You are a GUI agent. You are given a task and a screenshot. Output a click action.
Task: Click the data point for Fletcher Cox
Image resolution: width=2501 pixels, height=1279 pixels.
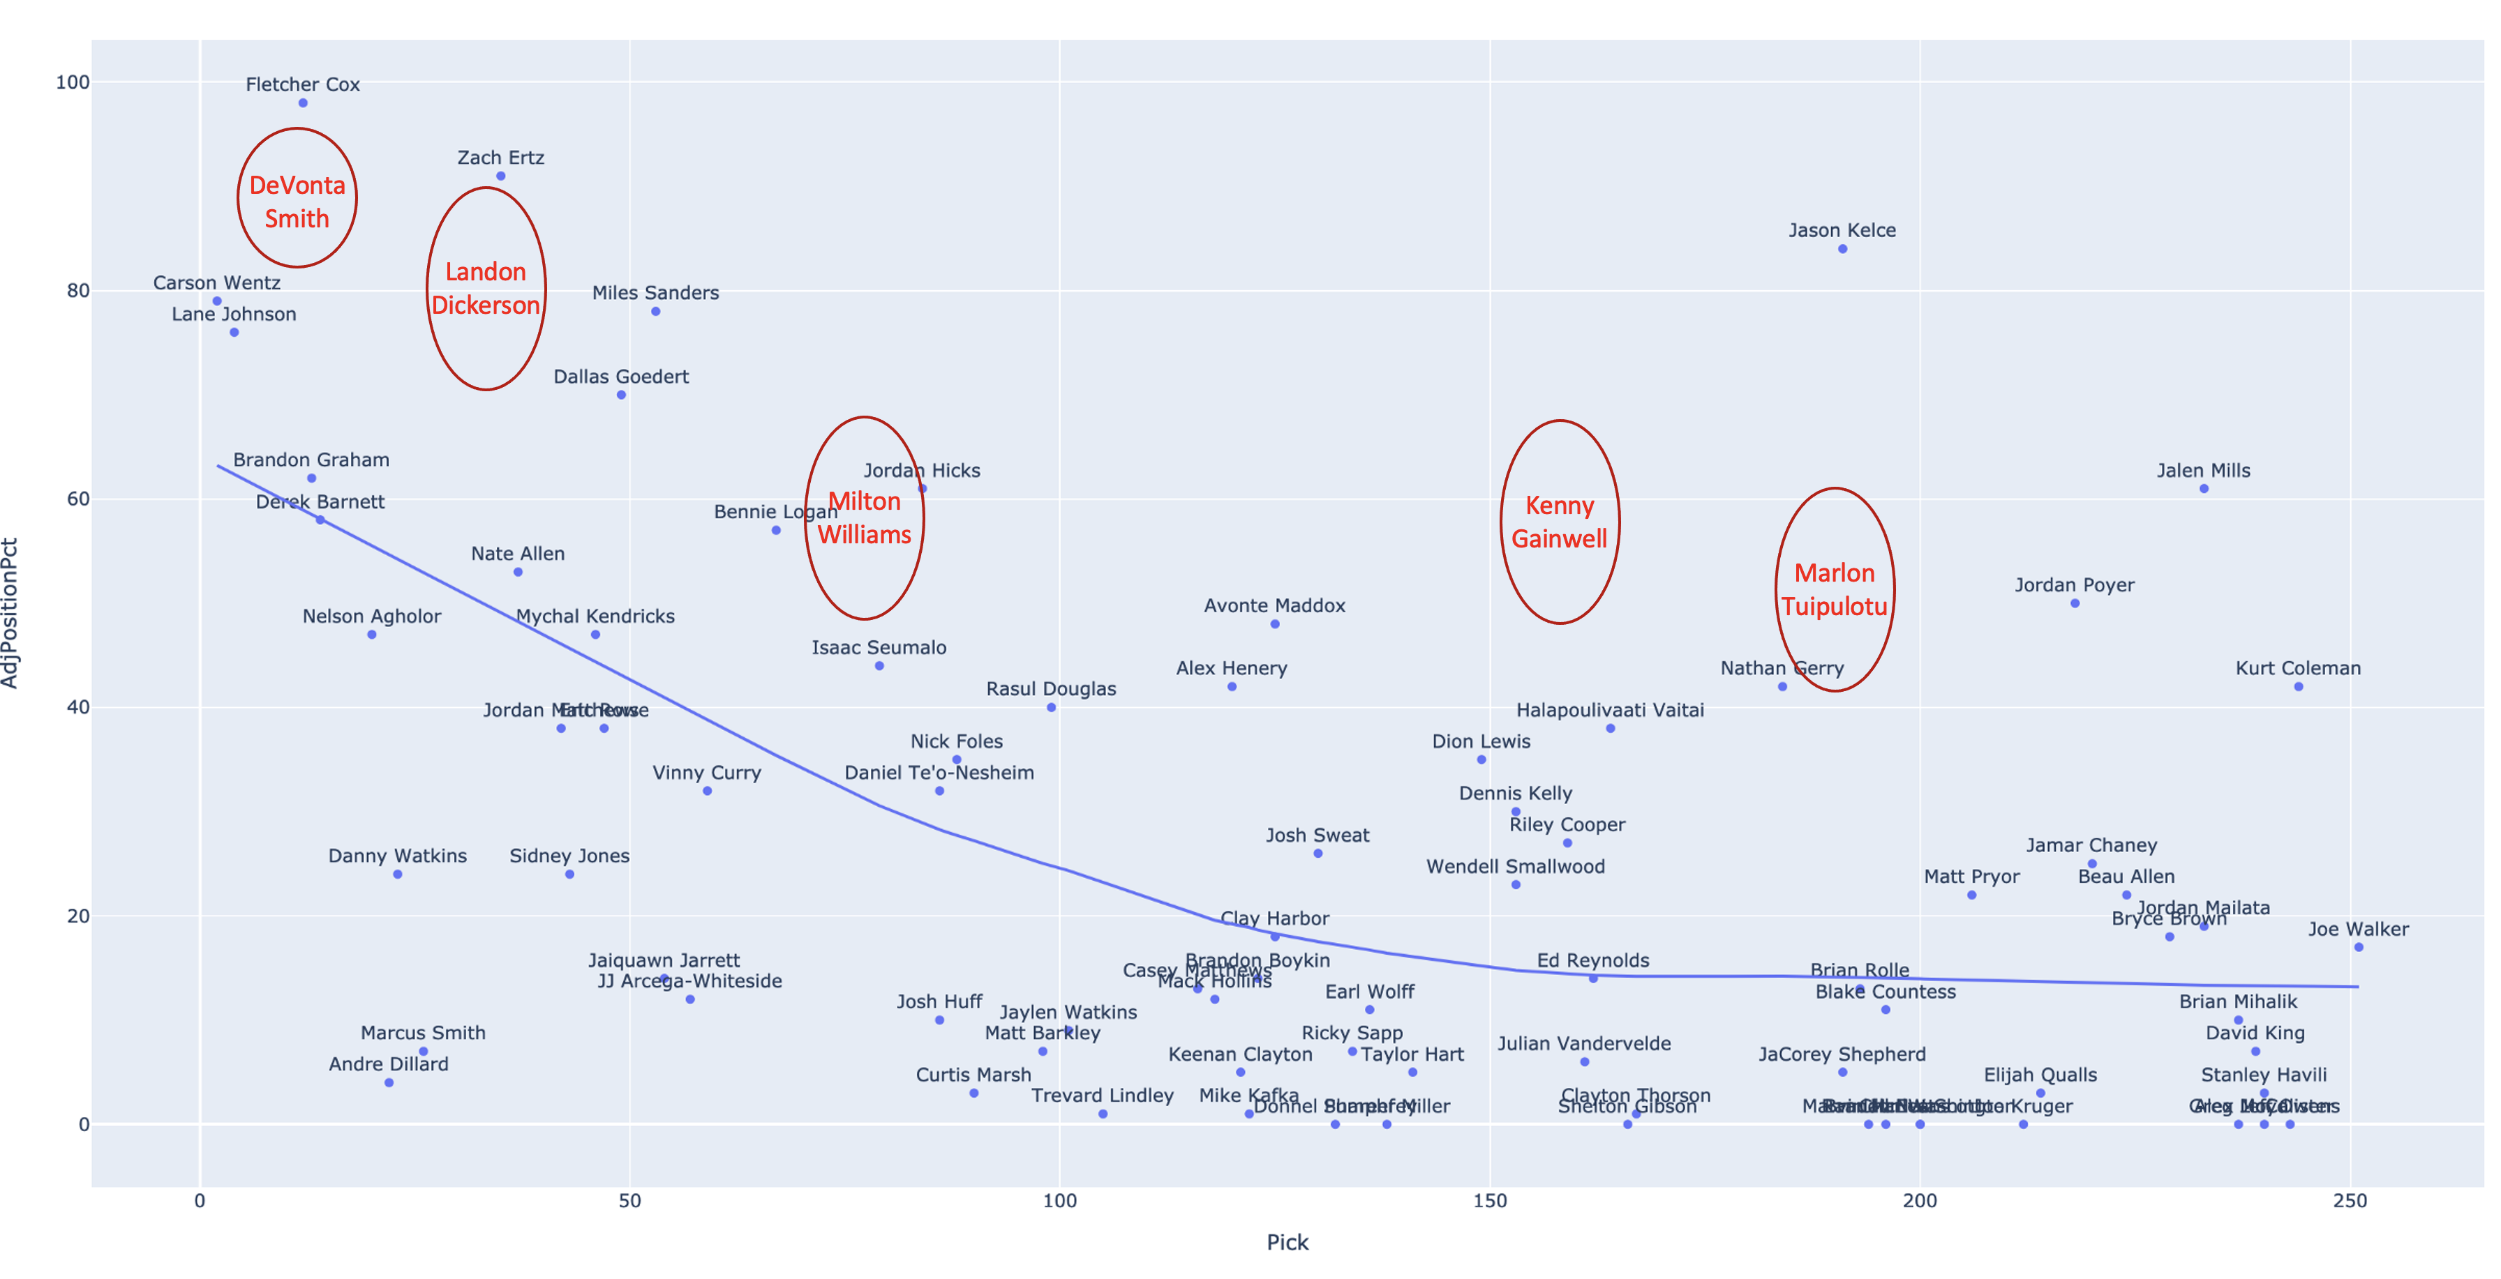coord(303,103)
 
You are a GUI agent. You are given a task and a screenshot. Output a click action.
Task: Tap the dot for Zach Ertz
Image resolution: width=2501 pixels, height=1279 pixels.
coord(501,176)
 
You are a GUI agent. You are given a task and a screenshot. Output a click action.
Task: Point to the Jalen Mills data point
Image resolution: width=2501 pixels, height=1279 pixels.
coord(2204,489)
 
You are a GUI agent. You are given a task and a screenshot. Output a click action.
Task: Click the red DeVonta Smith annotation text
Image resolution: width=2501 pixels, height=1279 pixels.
coord(297,202)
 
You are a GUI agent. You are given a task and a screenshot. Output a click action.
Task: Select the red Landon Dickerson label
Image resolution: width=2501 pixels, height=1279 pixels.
coord(486,288)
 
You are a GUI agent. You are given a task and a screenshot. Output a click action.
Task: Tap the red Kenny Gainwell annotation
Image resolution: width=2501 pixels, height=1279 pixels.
coord(1559,522)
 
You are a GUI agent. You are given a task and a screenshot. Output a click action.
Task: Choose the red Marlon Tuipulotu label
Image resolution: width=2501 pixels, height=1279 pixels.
coord(1834,590)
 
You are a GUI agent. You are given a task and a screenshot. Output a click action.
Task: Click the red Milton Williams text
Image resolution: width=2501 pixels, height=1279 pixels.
coord(864,518)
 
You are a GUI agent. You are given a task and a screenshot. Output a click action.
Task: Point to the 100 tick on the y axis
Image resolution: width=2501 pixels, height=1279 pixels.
coord(73,82)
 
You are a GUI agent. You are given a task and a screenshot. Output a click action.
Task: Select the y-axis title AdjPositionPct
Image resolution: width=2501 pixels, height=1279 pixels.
coord(10,613)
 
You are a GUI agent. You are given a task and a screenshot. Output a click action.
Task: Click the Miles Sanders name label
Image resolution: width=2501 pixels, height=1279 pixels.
coord(655,293)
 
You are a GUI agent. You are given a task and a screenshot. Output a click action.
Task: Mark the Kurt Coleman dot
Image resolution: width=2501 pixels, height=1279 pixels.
coord(2298,687)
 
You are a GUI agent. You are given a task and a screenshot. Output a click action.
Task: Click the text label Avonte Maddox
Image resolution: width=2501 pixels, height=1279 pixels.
coord(1275,605)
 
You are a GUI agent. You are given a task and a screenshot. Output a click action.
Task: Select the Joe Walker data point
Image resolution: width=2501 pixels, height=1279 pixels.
coord(2358,947)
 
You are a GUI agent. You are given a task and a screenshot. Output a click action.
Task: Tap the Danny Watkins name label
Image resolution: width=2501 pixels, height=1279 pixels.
coord(397,856)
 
